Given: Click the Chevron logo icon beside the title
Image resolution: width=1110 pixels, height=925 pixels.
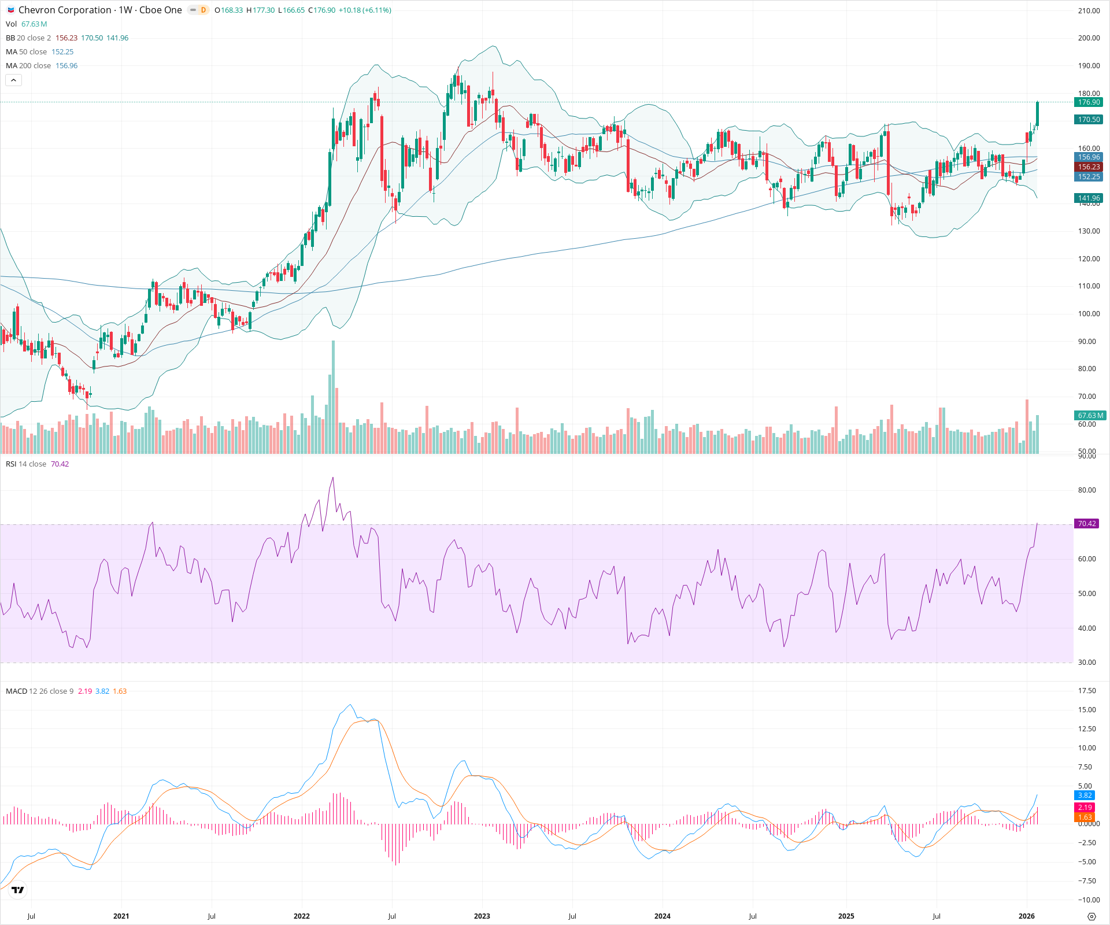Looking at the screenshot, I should (x=11, y=10).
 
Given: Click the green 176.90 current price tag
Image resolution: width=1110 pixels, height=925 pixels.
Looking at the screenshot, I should (x=1088, y=102).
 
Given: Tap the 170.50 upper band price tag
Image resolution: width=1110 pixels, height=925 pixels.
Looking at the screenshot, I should (x=1088, y=120).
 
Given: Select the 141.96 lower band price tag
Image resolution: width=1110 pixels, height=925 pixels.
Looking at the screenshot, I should (x=1088, y=198).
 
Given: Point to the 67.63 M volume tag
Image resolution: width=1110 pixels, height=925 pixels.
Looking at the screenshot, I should (x=1090, y=416).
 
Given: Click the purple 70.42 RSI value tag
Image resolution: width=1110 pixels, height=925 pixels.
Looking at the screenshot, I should (x=1086, y=524).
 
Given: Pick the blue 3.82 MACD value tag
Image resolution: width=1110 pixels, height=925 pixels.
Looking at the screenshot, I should (x=1085, y=795).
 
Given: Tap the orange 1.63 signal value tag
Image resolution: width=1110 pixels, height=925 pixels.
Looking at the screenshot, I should (x=1085, y=817).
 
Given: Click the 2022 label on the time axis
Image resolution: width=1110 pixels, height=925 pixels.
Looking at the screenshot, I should (x=301, y=916).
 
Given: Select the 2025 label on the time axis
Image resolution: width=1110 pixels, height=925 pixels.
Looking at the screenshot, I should (x=846, y=916).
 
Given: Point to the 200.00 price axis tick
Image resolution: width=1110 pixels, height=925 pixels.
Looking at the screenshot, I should (x=1089, y=38).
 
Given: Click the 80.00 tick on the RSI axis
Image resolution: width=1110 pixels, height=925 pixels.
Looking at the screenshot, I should (x=1087, y=490).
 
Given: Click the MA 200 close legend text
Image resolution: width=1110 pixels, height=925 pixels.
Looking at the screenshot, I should (x=28, y=66).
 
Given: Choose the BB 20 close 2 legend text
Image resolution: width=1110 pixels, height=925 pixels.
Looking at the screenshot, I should (x=28, y=38).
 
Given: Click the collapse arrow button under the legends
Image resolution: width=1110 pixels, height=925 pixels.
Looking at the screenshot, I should (x=13, y=80).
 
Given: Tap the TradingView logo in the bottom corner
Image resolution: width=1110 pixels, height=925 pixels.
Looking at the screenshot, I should (x=18, y=890).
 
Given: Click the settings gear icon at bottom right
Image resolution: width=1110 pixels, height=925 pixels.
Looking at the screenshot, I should (x=1091, y=917).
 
